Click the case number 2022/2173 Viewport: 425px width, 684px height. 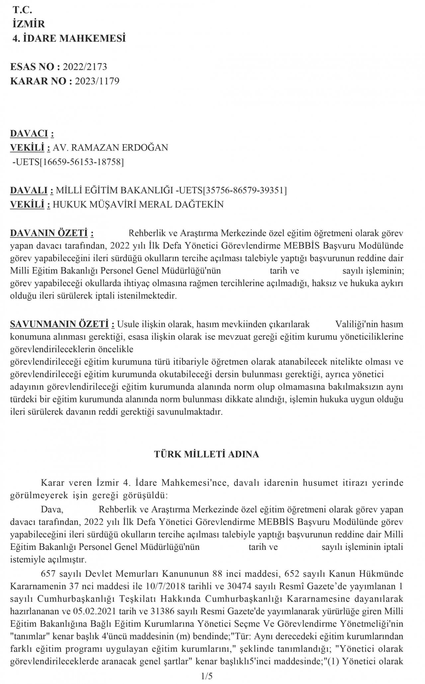pos(85,67)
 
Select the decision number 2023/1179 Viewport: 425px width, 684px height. pos(97,81)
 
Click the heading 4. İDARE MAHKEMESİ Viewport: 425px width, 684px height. pos(69,39)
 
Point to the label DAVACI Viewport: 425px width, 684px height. pos(30,134)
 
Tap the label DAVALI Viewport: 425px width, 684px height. pos(30,190)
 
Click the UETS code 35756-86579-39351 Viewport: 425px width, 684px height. pos(244,190)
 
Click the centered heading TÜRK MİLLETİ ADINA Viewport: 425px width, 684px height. pos(207,454)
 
